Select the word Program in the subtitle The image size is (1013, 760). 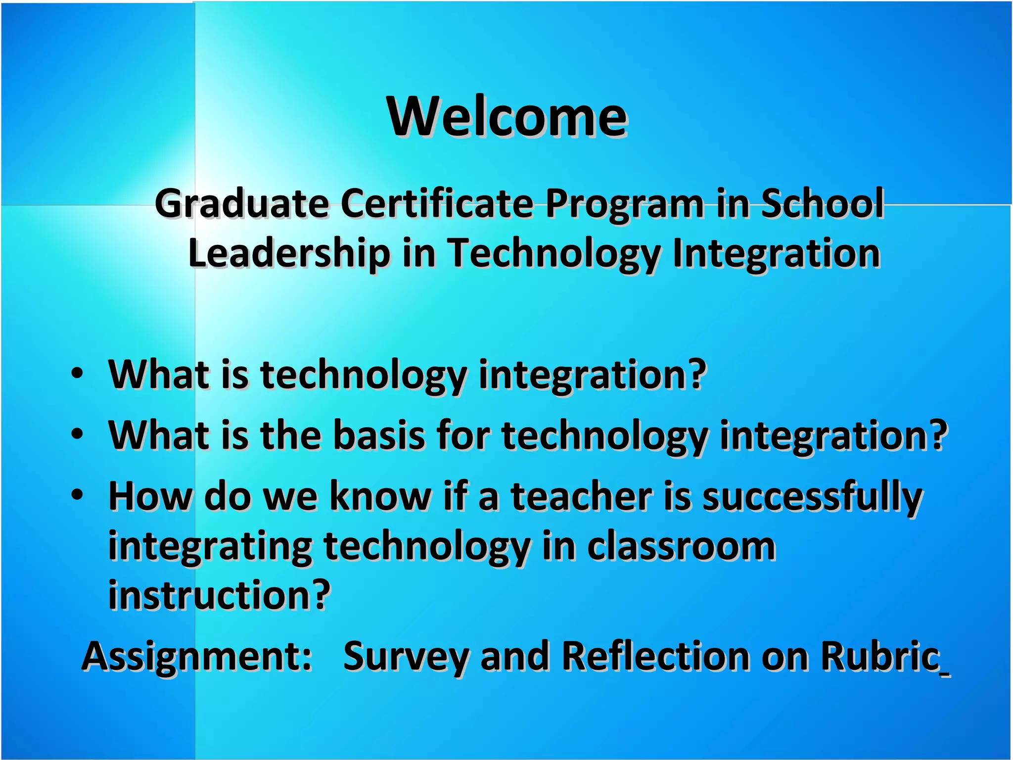point(625,204)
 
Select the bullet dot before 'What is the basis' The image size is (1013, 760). point(77,433)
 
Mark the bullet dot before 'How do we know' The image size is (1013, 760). point(77,494)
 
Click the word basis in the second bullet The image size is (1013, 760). point(379,435)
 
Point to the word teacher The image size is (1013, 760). point(581,496)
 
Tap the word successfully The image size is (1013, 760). point(812,497)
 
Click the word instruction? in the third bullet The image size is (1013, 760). point(219,595)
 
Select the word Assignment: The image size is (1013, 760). point(197,657)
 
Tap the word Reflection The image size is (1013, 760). point(656,656)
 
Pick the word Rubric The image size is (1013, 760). point(880,656)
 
